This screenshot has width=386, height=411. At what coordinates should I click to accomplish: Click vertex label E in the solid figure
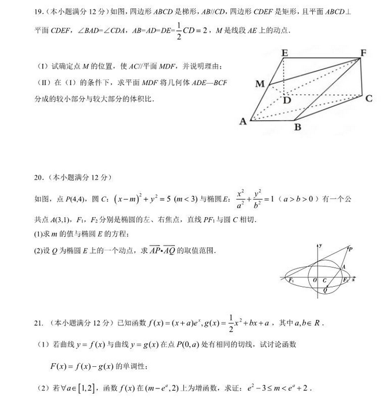pyautogui.click(x=285, y=53)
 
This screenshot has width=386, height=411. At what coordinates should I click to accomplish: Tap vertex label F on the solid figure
pyautogui.click(x=363, y=53)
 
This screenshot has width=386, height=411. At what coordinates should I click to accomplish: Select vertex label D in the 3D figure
pyautogui.click(x=287, y=100)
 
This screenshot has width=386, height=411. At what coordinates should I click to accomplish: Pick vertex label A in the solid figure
pyautogui.click(x=243, y=121)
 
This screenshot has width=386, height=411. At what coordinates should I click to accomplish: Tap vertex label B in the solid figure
pyautogui.click(x=297, y=128)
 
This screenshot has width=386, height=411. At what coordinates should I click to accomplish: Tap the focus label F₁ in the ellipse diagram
pyautogui.click(x=291, y=280)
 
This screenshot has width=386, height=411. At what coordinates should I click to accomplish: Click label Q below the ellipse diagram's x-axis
pyautogui.click(x=324, y=290)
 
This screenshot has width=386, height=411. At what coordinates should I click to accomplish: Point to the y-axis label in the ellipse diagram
pyautogui.click(x=321, y=246)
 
